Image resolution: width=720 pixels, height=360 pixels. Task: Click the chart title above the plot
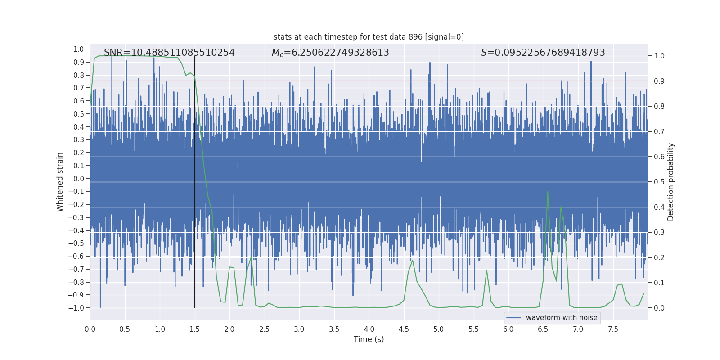tap(369, 37)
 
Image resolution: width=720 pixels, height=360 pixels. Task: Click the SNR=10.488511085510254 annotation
tap(169, 53)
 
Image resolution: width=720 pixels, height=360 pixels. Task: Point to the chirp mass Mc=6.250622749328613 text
tap(330, 53)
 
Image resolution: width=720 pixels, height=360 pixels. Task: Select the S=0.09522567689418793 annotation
tap(543, 53)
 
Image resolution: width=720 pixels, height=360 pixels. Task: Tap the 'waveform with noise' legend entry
tap(561, 318)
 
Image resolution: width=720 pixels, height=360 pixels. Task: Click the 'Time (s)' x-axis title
tap(369, 339)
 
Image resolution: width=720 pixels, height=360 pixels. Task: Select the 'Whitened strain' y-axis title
tap(60, 182)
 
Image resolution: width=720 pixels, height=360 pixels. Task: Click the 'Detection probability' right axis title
tap(671, 182)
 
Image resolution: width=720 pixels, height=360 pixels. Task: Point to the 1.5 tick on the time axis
tap(194, 329)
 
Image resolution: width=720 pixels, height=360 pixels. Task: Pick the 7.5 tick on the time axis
tap(613, 329)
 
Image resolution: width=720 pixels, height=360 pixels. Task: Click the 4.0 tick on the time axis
tap(369, 329)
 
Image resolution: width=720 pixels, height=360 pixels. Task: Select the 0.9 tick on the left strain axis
tap(79, 62)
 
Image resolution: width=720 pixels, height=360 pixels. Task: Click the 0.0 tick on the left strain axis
tap(79, 179)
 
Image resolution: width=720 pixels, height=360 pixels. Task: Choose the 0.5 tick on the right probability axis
tap(659, 182)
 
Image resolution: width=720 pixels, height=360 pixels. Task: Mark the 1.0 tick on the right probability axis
tap(659, 56)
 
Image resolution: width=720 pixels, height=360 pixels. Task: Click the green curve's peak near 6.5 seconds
tap(548, 192)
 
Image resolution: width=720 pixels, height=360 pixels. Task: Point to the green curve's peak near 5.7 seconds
tap(486, 270)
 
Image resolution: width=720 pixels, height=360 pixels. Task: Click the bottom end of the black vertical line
tap(195, 307)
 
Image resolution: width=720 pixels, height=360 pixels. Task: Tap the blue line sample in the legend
tap(513, 318)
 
